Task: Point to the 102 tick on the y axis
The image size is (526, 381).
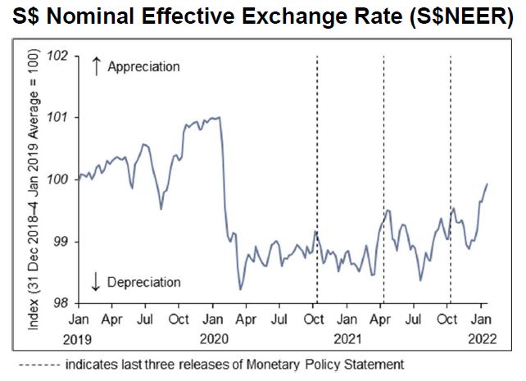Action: [x=60, y=57]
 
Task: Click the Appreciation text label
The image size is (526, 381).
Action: [x=143, y=67]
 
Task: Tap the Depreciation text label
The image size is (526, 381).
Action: [x=145, y=283]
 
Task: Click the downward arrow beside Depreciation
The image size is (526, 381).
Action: [x=96, y=283]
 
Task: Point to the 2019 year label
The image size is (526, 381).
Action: [x=79, y=337]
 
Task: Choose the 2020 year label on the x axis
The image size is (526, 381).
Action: [x=214, y=337]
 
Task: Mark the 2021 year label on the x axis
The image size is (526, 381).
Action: [x=347, y=337]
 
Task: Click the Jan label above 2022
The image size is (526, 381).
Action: [x=481, y=318]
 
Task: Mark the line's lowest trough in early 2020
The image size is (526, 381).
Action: [x=240, y=288]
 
